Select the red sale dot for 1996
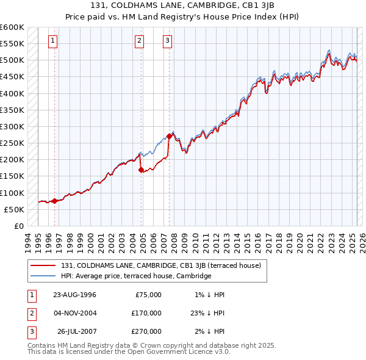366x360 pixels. tap(54, 201)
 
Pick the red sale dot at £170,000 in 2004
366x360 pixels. tap(141, 170)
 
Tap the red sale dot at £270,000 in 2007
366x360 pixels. tap(168, 136)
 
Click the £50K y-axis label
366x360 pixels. tap(15, 209)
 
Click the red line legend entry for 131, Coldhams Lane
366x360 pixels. tap(161, 265)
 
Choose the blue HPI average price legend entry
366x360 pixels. tap(136, 276)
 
